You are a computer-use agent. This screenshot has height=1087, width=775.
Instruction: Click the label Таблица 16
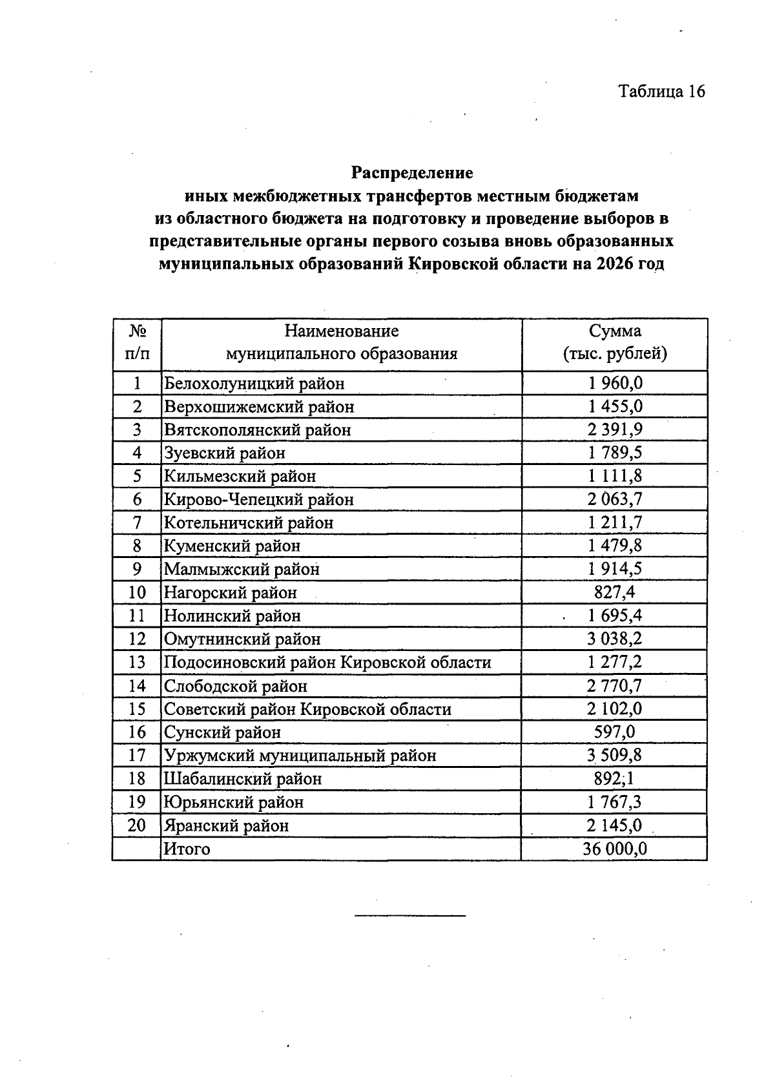click(x=661, y=91)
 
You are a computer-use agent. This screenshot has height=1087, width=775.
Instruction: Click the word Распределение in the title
click(x=412, y=173)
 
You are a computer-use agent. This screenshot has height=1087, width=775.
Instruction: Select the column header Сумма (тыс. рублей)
click(x=614, y=342)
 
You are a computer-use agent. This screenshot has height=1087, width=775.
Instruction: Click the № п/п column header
click(x=137, y=342)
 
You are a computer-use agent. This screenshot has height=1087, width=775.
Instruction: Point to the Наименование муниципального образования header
click(x=341, y=342)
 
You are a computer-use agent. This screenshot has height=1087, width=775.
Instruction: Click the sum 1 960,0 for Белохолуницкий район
click(x=615, y=384)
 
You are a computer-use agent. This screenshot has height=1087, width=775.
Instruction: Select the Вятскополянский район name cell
click(x=258, y=430)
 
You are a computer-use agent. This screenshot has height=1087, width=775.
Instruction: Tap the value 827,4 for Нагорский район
click(x=615, y=592)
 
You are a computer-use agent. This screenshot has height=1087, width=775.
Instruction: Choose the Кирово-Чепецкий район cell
click(x=259, y=499)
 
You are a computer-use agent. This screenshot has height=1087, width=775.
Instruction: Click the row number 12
click(x=137, y=639)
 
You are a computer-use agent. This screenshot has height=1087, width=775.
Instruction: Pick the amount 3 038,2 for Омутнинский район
click(x=615, y=639)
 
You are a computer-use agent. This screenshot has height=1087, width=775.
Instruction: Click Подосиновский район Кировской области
click(x=327, y=663)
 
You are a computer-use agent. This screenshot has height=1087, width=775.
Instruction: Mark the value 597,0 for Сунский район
click(x=615, y=732)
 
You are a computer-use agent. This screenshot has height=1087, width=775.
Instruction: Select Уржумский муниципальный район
click(x=300, y=756)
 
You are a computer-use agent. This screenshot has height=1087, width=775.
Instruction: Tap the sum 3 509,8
click(x=615, y=755)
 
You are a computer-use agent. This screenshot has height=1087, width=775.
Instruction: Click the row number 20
click(x=137, y=825)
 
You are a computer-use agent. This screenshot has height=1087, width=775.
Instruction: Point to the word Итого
click(x=187, y=849)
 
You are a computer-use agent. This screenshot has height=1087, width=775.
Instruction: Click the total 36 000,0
click(x=615, y=849)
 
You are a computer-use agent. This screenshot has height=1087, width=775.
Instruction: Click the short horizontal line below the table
click(x=410, y=915)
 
